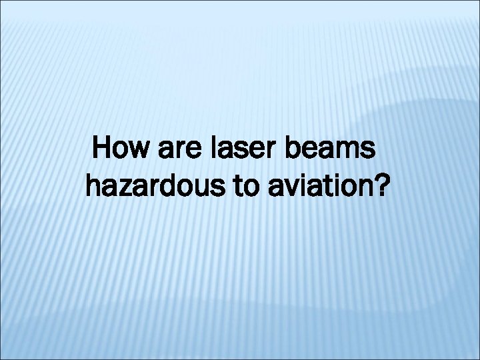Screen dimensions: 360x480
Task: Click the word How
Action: click(x=121, y=148)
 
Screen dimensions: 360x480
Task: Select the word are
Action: click(x=174, y=151)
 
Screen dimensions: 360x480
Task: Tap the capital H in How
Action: click(x=104, y=147)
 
